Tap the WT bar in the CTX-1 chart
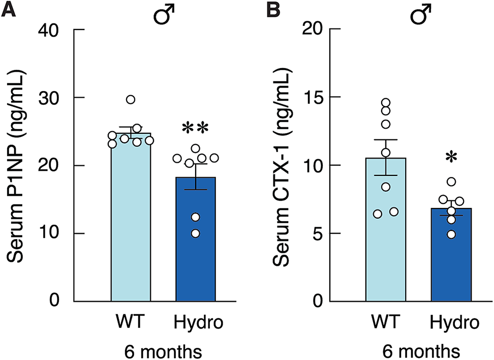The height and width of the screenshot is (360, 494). pyautogui.click(x=386, y=234)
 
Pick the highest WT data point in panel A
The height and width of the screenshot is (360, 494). pyautogui.click(x=131, y=99)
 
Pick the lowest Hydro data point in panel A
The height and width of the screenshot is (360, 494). pyautogui.click(x=196, y=233)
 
